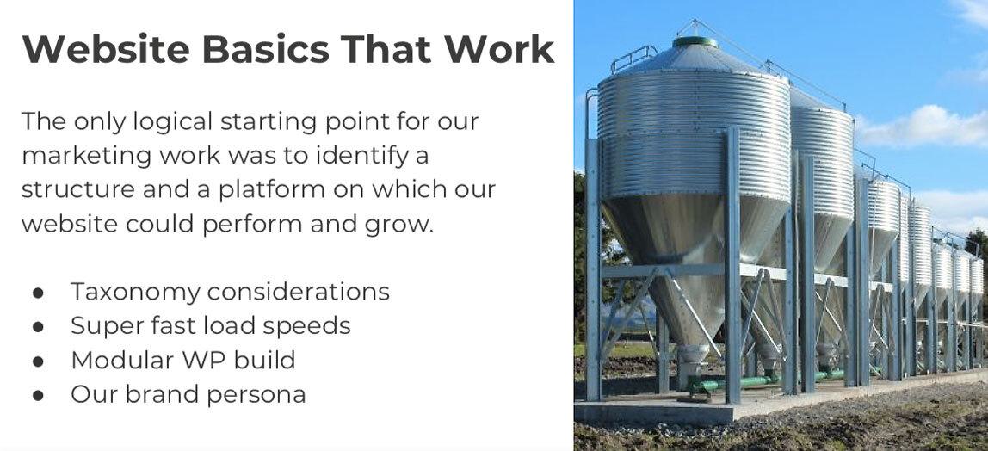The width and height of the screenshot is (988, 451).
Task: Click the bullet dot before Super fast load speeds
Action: click(38, 327)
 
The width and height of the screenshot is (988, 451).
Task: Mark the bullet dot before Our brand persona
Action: click(38, 396)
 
